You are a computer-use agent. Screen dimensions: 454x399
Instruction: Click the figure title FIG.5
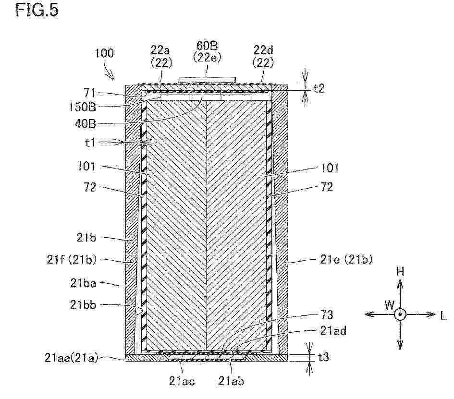point(37,10)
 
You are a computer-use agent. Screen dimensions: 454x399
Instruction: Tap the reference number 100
point(104,53)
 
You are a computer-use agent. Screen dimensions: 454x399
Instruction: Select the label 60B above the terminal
point(207,46)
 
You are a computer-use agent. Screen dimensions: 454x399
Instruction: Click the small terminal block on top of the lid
point(207,80)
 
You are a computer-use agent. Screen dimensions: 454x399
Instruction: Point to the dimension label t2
point(319,88)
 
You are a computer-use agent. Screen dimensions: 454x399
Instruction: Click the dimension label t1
point(90,142)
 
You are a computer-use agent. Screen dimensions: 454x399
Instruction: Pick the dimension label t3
point(323,357)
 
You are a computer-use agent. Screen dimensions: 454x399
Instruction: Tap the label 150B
point(82,107)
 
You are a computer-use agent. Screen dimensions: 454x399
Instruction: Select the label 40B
point(85,124)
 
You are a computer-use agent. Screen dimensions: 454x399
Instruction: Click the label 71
point(89,93)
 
